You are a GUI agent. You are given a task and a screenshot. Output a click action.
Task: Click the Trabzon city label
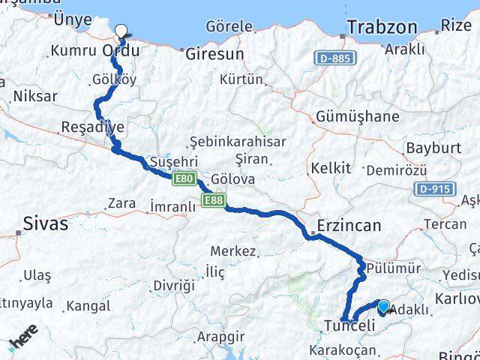382,28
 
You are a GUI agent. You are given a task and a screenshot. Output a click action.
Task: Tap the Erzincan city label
349,225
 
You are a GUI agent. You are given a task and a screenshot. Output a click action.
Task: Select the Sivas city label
46,223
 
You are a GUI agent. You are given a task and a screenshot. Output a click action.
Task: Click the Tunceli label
349,325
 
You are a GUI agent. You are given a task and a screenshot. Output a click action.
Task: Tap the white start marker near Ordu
121,31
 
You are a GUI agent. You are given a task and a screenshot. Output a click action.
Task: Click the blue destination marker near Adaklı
384,306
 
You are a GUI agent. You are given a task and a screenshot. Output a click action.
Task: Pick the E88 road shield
212,199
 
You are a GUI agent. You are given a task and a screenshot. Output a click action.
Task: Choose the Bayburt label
433,148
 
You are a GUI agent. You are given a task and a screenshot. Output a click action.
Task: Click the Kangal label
88,306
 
